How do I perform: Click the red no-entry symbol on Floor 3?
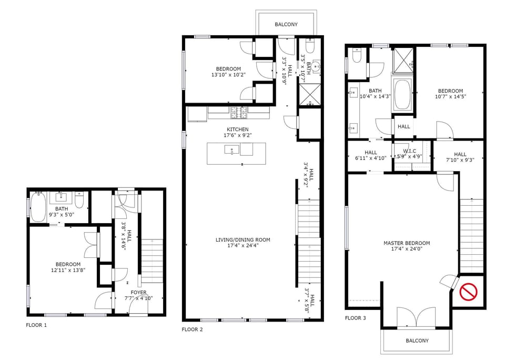(469, 292)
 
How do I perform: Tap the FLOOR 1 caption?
(36, 325)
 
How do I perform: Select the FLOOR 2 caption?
(192, 330)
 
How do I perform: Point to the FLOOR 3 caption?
(355, 318)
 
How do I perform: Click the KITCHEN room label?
(238, 129)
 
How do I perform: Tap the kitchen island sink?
(232, 151)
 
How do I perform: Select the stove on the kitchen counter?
(238, 111)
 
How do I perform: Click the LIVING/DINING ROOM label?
(243, 240)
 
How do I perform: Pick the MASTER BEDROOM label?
(407, 243)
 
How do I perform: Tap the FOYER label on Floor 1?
(139, 293)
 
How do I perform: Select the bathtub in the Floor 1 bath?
(39, 207)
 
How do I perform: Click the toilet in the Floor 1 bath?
(79, 202)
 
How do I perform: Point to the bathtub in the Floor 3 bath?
(403, 95)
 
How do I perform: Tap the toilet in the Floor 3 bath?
(357, 55)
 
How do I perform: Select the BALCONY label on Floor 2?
(286, 25)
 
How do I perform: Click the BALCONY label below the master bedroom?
(417, 341)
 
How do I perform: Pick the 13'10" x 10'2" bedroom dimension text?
(228, 75)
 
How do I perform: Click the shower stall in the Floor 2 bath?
(308, 94)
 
